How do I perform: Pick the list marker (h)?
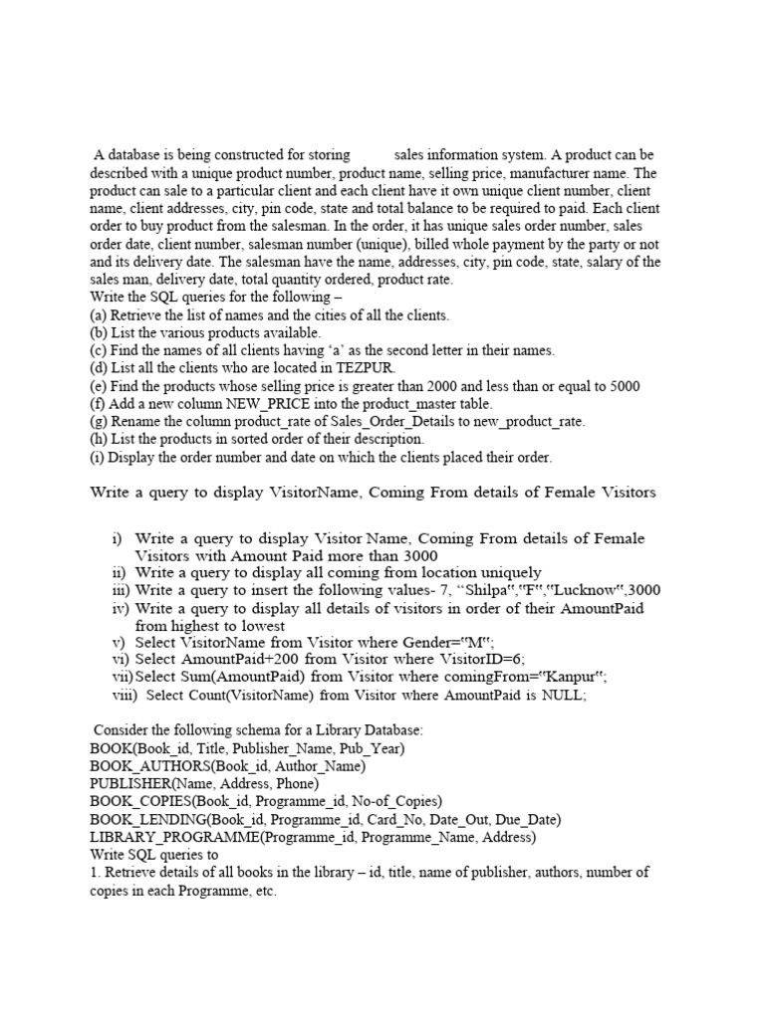tap(99, 439)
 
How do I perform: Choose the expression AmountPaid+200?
tap(235, 660)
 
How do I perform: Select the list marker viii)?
tap(126, 696)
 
